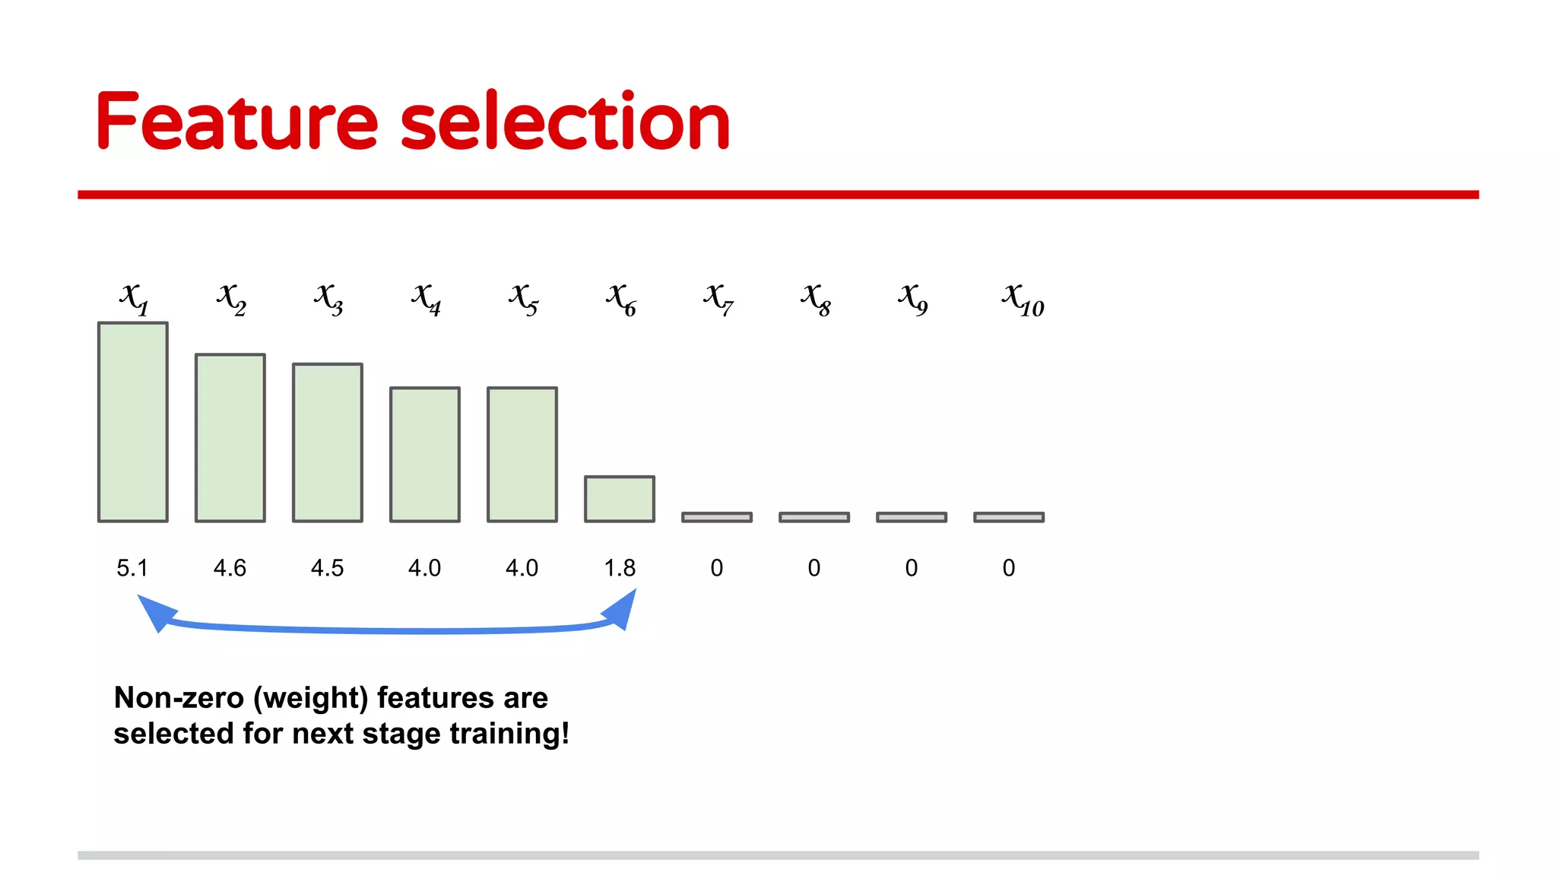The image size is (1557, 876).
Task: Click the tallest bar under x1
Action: tap(133, 422)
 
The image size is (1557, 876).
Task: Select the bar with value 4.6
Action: tap(230, 438)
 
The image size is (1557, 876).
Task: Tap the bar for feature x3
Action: tap(328, 443)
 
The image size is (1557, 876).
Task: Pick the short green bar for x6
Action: tap(620, 499)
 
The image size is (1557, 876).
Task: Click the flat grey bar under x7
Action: tap(717, 517)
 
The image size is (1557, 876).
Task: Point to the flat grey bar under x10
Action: tap(1009, 517)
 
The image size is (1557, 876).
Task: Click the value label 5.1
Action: tap(132, 568)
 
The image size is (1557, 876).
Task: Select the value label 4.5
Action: tap(327, 568)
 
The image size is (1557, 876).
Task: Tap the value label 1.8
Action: tap(620, 568)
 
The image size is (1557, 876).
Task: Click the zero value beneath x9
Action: tap(912, 568)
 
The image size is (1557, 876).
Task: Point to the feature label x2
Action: tap(231, 299)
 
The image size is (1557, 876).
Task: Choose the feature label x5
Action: tap(523, 299)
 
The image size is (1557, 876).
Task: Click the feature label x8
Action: tap(815, 299)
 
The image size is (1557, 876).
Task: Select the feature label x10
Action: tap(1023, 299)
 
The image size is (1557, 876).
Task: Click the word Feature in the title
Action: tap(236, 122)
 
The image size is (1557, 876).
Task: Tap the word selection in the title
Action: tap(565, 122)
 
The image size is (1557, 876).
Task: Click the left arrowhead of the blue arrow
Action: tap(156, 613)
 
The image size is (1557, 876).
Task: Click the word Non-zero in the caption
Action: tap(179, 697)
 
